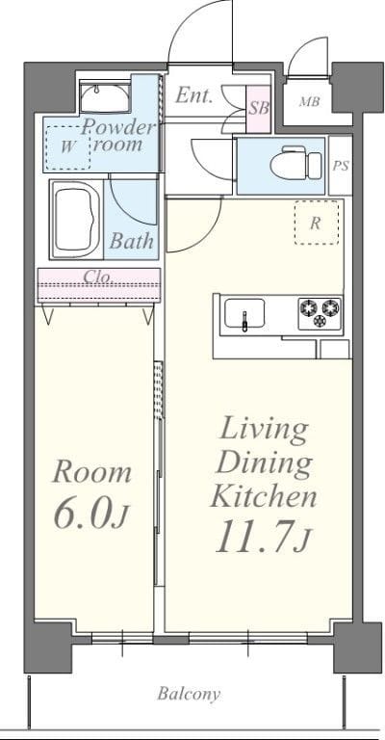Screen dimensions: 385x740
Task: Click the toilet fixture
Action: point(295,163)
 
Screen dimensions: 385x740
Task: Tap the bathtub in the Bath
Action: point(76,220)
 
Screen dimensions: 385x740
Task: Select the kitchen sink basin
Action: point(244,313)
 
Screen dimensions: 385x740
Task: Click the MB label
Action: point(309,101)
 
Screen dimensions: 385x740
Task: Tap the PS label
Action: point(341,166)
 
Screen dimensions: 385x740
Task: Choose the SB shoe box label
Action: point(259,109)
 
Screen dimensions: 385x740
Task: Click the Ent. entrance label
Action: point(193,95)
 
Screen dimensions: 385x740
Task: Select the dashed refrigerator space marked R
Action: point(317,223)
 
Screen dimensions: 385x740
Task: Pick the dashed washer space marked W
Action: point(68,147)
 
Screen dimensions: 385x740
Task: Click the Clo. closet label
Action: point(99,277)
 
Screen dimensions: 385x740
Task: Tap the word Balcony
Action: point(189,694)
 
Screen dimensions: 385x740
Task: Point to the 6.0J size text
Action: point(90,513)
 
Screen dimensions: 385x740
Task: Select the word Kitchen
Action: point(264,496)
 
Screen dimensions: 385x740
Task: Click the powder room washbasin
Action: point(105,98)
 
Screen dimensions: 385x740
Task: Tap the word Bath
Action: point(132,241)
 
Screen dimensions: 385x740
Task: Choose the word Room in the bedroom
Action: point(91,472)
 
